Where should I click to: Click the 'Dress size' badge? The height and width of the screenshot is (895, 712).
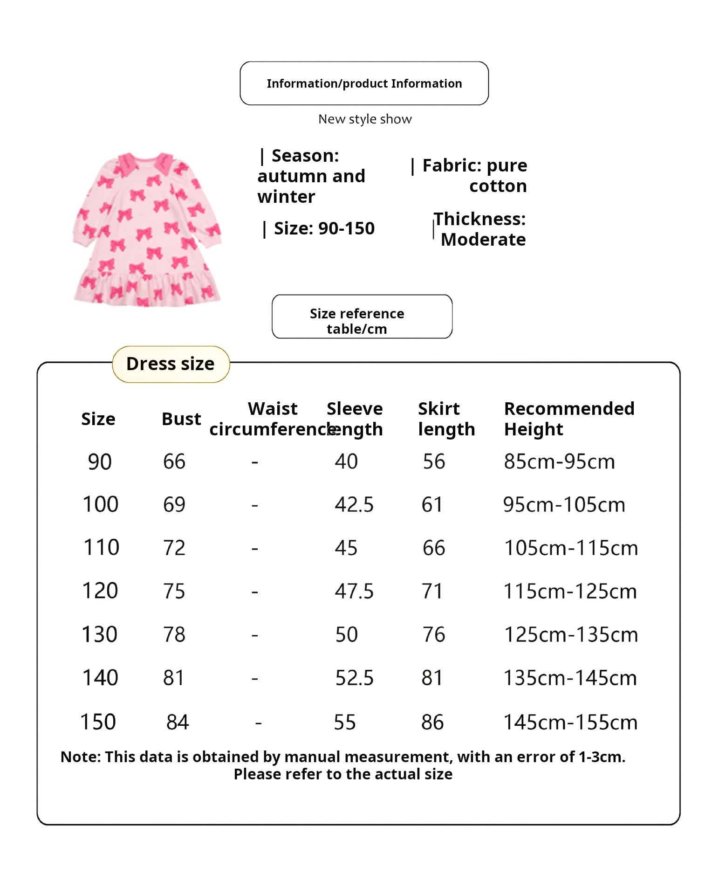coord(171,364)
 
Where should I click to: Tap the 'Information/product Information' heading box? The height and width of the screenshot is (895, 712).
coord(364,83)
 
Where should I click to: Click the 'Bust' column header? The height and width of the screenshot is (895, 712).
coord(181,419)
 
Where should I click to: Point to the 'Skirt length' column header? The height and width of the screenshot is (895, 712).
coord(446,419)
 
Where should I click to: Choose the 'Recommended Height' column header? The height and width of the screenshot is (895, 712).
coord(569,419)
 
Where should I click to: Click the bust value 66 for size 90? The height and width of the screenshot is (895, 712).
coord(174,461)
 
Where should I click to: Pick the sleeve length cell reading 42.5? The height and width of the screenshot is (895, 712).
coord(354,505)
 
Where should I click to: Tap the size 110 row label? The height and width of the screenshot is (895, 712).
coord(101,547)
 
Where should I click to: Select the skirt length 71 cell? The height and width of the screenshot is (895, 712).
coord(432,591)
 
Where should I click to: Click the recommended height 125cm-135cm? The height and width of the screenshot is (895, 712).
coord(571,634)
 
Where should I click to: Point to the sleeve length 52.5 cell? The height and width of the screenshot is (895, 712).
coord(354,678)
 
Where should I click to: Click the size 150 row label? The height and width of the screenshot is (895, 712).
coord(98,722)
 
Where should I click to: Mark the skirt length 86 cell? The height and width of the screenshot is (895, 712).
coord(432,722)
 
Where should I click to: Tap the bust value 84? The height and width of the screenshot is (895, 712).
coord(178,722)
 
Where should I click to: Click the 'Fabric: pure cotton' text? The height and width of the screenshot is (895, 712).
coord(474,176)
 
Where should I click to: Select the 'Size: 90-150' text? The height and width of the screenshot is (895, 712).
coord(324,228)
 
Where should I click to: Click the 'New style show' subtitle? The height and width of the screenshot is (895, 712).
coord(365,119)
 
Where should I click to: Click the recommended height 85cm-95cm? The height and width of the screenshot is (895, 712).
coord(559,461)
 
